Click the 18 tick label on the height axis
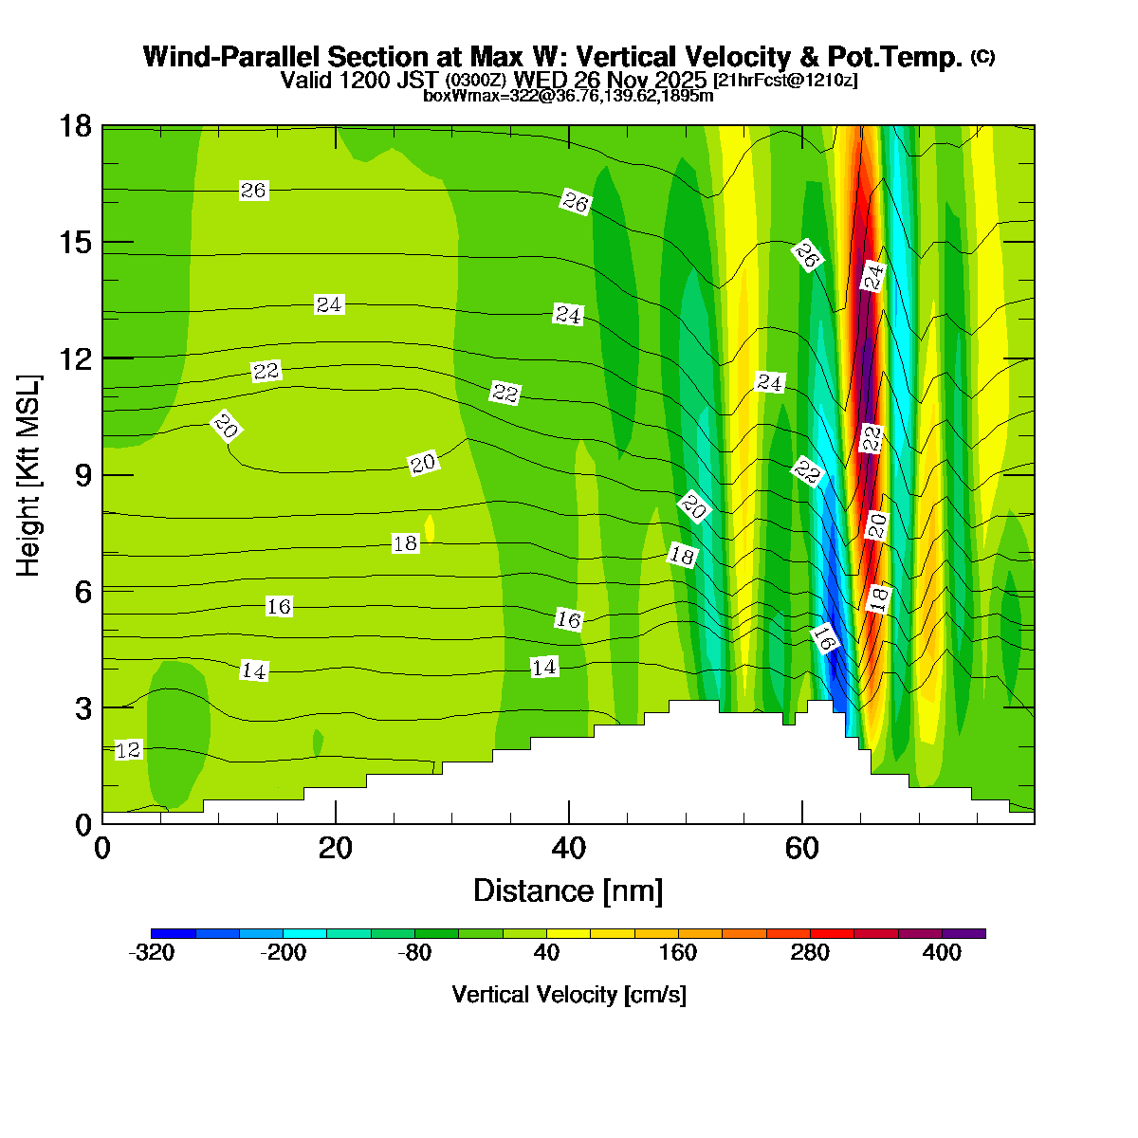click(x=75, y=126)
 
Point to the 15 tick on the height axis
click(x=75, y=243)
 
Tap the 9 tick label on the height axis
click(x=82, y=475)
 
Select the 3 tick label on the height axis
click(x=82, y=708)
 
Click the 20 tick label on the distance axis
click(x=336, y=848)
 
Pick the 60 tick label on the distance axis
click(x=802, y=848)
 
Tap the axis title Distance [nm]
click(x=567, y=891)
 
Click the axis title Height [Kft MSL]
click(x=29, y=475)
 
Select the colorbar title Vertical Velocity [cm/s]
click(x=568, y=995)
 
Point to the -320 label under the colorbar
click(x=152, y=953)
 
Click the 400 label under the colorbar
click(x=942, y=953)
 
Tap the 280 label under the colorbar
click(x=810, y=953)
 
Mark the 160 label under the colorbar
click(x=678, y=953)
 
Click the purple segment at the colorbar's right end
click(x=964, y=933)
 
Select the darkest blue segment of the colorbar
click(x=174, y=933)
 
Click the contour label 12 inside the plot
click(x=128, y=750)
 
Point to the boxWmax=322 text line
click(x=568, y=95)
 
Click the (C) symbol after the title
click(x=982, y=57)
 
